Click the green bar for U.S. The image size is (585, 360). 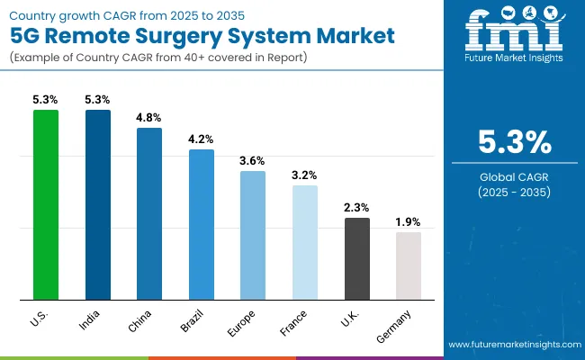coord(46,204)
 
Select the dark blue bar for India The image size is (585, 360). coord(98,204)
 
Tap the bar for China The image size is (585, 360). coord(149,213)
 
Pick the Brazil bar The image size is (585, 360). coord(202,224)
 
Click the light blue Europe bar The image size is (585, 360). coord(253,235)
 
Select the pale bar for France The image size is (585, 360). coord(305,242)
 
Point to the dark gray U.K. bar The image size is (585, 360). coord(356,258)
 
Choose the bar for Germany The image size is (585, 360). coord(409,265)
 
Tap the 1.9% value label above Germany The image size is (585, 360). coord(409,221)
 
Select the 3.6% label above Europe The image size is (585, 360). coord(253,160)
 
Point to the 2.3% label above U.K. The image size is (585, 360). coord(356,207)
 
